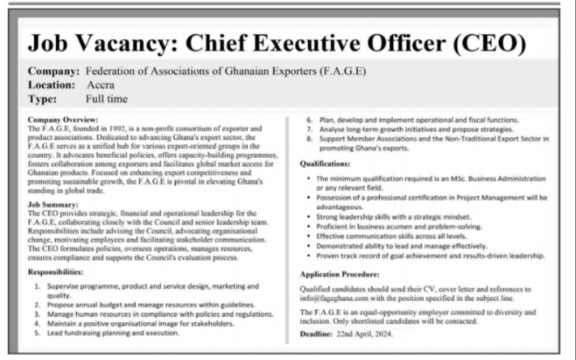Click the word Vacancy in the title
click(158, 41)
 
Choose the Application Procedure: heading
click(339, 273)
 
